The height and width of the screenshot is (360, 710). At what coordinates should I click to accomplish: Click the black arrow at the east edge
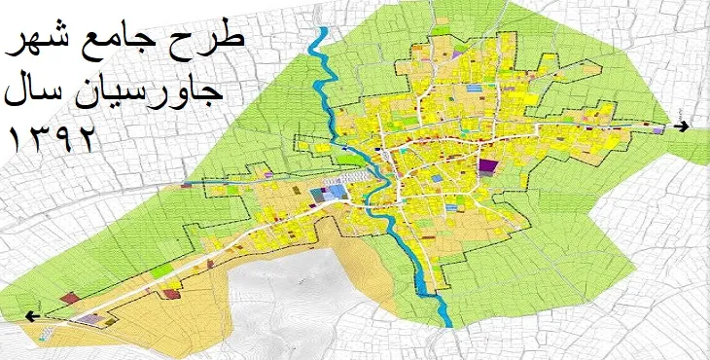point(684,127)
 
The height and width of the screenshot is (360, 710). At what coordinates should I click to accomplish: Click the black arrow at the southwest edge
point(33,315)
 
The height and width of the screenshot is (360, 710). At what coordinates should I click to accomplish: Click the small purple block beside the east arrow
point(659,128)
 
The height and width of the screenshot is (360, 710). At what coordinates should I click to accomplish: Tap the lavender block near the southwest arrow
point(90,318)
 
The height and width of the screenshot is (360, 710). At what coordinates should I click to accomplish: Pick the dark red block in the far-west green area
point(68,299)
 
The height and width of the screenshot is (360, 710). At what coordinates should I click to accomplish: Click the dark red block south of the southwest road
point(171,292)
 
